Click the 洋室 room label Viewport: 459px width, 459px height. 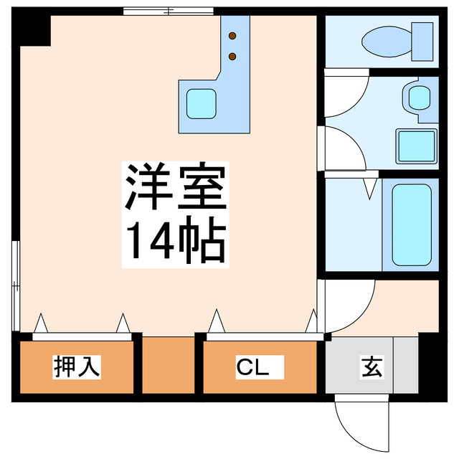176,188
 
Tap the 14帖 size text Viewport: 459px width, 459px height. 176,241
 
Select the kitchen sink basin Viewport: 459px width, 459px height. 202,104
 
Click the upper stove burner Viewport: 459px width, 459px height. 232,34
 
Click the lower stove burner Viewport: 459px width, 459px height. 232,55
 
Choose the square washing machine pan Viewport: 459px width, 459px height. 416,146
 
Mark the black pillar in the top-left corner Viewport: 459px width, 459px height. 34,29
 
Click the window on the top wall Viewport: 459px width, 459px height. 168,11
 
